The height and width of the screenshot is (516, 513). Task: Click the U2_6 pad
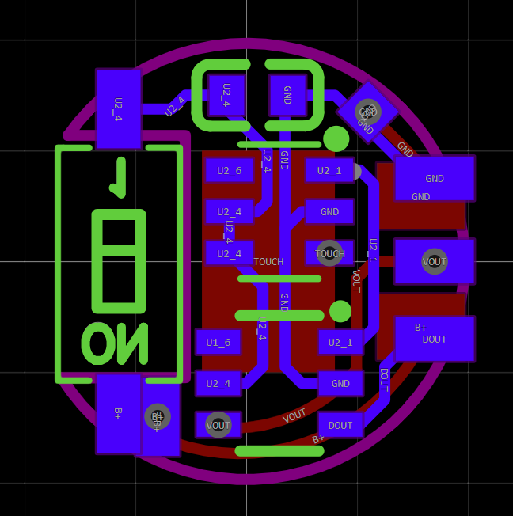229,170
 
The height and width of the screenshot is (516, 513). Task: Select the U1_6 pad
218,342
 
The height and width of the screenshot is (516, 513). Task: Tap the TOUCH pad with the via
329,253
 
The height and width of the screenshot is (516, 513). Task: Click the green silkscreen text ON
115,343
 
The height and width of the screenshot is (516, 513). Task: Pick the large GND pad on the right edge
434,178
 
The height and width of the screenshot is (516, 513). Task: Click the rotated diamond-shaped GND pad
367,112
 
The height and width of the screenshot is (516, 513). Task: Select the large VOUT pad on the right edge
434,261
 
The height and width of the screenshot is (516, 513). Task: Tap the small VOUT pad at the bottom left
218,425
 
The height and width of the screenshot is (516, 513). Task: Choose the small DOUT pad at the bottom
340,425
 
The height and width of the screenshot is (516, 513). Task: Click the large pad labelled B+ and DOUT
434,339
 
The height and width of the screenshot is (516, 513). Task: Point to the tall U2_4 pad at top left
118,108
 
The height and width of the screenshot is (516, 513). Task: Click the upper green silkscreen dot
336,138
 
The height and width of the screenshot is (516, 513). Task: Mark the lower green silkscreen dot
340,311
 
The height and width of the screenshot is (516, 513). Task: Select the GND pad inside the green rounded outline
287,95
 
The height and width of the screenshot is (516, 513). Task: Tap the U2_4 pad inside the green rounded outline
226,95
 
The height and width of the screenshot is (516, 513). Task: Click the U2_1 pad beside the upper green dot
329,170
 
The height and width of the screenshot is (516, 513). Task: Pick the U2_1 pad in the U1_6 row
340,342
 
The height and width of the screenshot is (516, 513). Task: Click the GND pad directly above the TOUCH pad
329,211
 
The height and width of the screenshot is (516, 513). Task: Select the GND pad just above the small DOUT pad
340,383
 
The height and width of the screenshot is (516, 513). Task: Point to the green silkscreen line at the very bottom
279,451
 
